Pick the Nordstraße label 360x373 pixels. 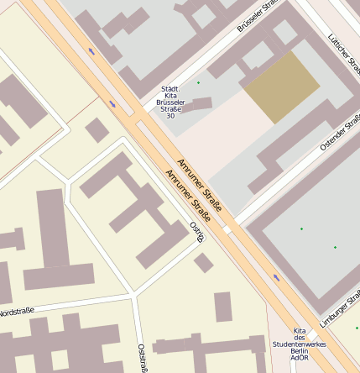click(x=16, y=312)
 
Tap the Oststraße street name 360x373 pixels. click(x=141, y=357)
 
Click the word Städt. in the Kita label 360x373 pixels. click(x=170, y=88)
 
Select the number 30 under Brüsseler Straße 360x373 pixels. click(x=170, y=115)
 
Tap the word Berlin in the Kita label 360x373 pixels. click(x=300, y=351)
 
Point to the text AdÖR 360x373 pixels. click(x=300, y=358)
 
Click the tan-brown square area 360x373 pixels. click(x=281, y=87)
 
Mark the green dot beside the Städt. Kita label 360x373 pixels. click(x=199, y=82)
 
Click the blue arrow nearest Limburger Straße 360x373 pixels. click(x=276, y=277)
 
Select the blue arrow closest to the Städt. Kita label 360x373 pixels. click(x=112, y=104)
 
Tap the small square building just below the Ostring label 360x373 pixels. click(x=203, y=263)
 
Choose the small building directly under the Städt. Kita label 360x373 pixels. click(x=196, y=105)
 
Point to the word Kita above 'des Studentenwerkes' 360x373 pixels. click(x=300, y=330)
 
